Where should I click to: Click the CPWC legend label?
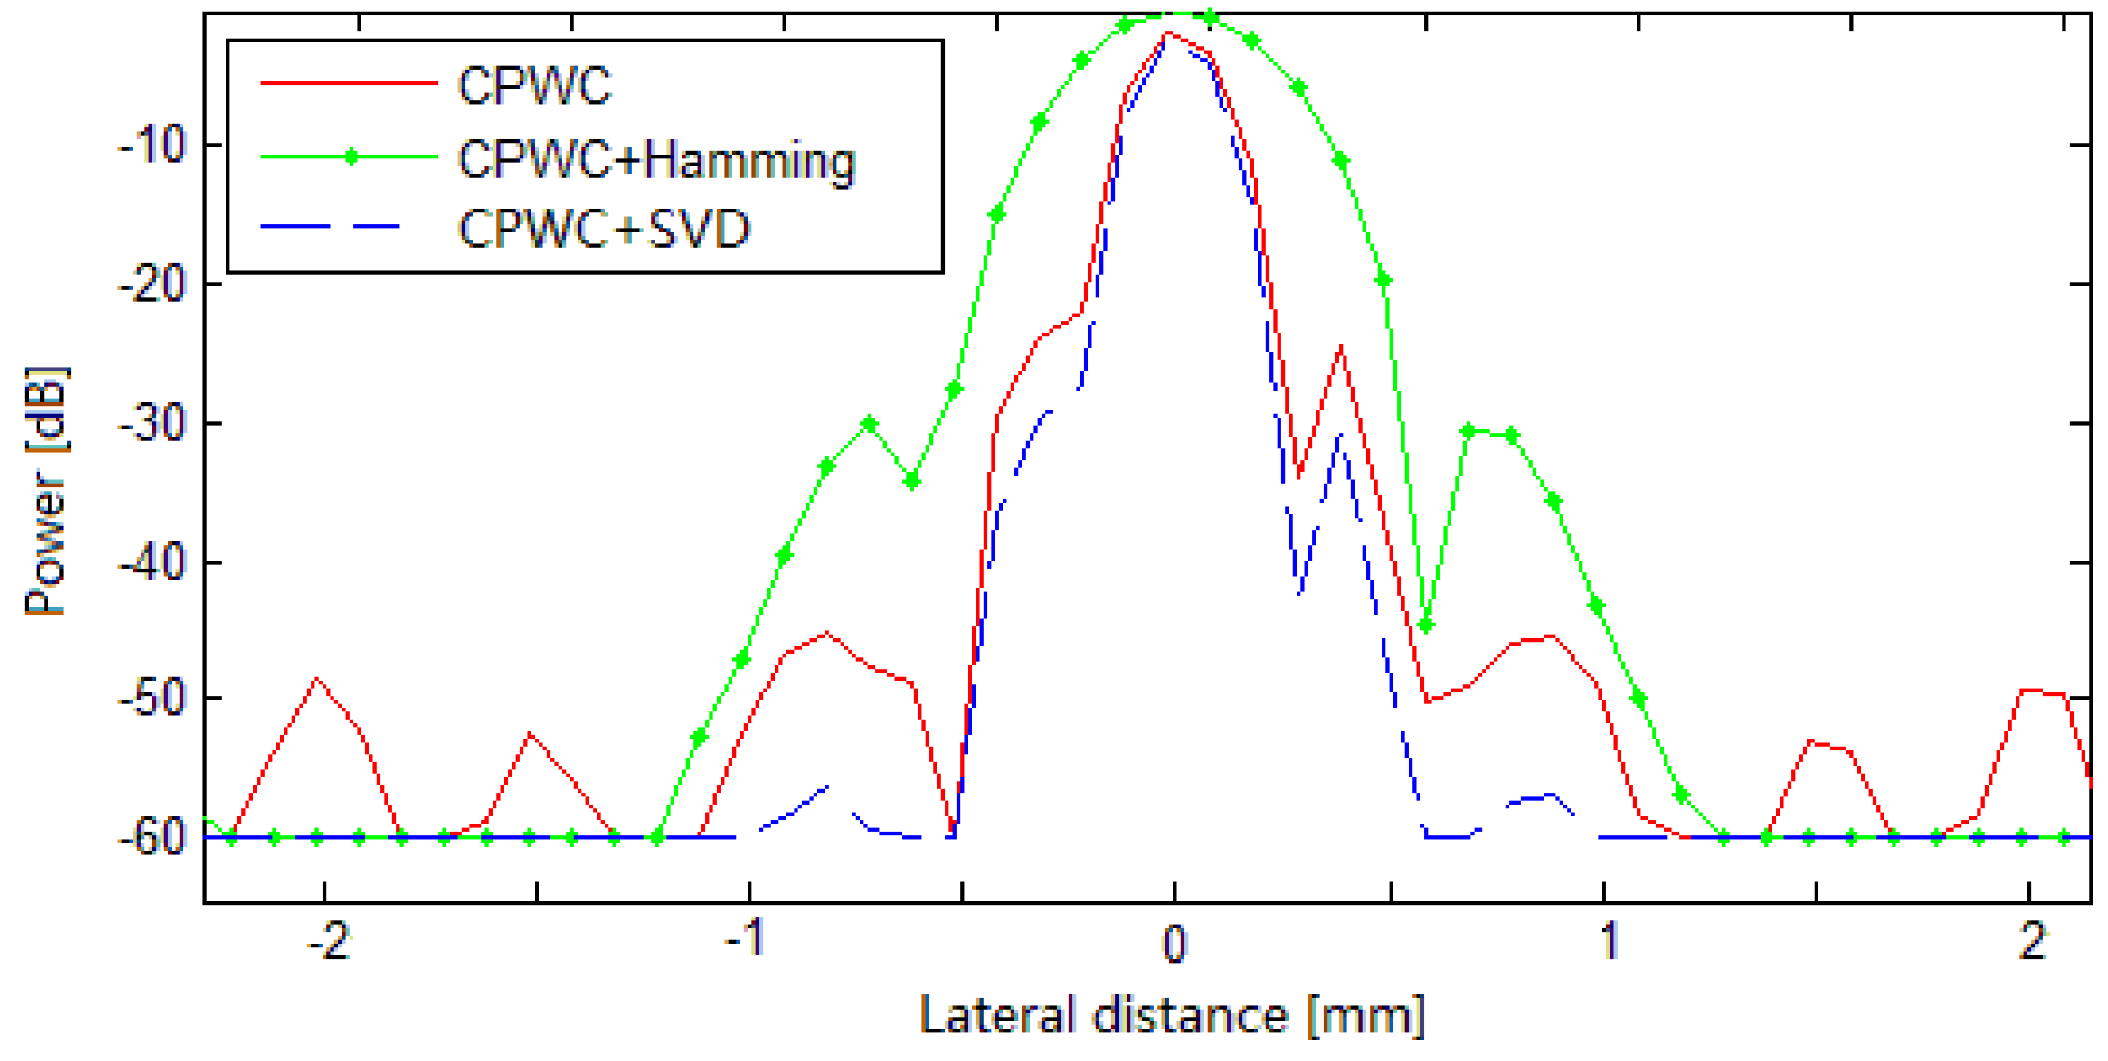tap(534, 84)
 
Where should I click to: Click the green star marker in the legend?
tap(350, 157)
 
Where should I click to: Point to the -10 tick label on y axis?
tap(153, 146)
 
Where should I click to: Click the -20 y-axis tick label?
tap(153, 285)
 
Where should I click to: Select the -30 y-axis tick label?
tap(153, 424)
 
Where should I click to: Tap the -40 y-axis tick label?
tap(153, 563)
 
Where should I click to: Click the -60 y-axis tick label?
tap(153, 838)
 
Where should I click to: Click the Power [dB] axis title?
tap(46, 491)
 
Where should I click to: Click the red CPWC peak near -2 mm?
tap(317, 679)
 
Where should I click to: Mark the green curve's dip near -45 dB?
tap(1426, 626)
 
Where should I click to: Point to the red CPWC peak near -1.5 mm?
tap(530, 733)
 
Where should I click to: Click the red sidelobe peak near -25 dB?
tap(1341, 347)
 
